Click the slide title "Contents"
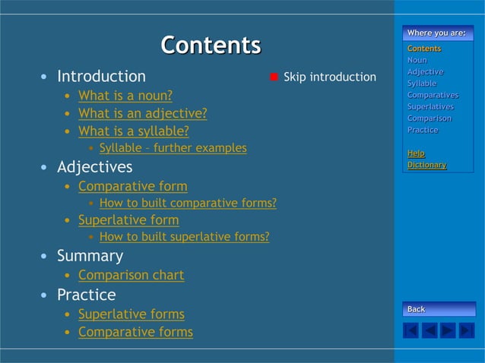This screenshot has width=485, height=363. (x=211, y=45)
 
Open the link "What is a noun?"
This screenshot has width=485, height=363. (x=125, y=96)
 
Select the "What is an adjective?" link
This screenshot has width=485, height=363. (x=142, y=114)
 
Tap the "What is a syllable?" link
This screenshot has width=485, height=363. (x=134, y=131)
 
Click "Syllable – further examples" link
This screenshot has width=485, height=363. (x=173, y=148)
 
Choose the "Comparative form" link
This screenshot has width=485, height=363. (x=132, y=186)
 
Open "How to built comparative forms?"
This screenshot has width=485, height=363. (x=188, y=204)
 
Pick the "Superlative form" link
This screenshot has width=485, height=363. (x=128, y=220)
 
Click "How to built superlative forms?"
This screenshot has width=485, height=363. (x=184, y=237)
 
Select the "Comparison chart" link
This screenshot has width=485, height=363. (x=131, y=275)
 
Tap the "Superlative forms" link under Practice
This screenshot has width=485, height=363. (x=132, y=314)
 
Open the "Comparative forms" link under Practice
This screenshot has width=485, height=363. (x=135, y=333)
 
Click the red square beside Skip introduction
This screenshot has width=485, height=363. (x=274, y=77)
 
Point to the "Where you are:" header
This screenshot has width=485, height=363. (x=436, y=33)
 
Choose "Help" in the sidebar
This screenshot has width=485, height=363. (x=416, y=153)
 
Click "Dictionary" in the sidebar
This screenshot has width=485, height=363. (x=426, y=165)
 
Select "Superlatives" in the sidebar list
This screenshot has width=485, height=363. (x=430, y=106)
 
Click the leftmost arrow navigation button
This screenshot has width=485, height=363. (x=411, y=330)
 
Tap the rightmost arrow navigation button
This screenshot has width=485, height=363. (x=466, y=330)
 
